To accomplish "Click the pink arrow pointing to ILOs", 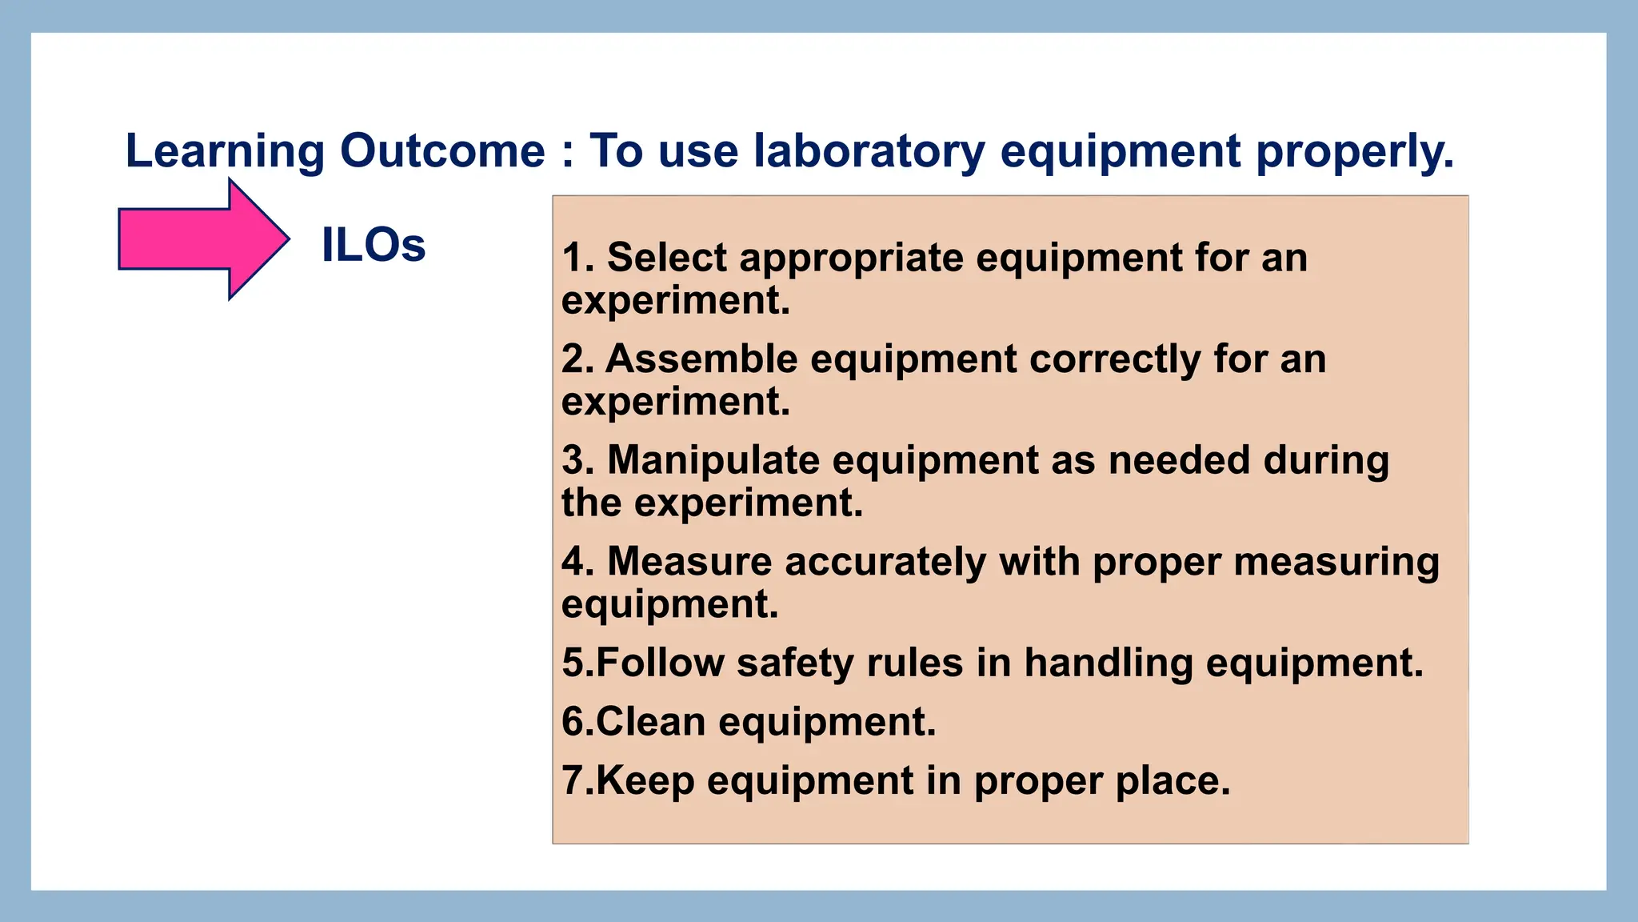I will point(200,239).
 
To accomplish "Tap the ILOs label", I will point(373,245).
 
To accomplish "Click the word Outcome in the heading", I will point(442,151).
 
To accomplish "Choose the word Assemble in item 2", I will point(701,359).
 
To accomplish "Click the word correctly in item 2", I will point(1115,360).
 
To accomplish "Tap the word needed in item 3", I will point(1179,460).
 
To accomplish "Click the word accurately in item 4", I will point(885,563).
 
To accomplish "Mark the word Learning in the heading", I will point(225,151).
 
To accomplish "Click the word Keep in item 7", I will point(645,781).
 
